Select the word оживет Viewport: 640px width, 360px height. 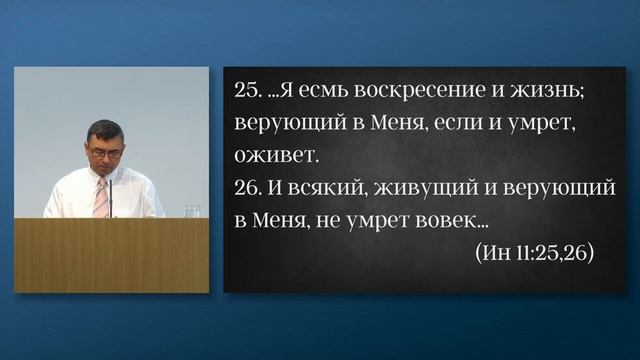click(274, 157)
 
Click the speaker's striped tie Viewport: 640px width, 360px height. click(100, 196)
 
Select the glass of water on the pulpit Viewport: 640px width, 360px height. click(191, 211)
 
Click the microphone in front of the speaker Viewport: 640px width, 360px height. click(111, 195)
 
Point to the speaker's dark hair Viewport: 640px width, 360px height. click(103, 129)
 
